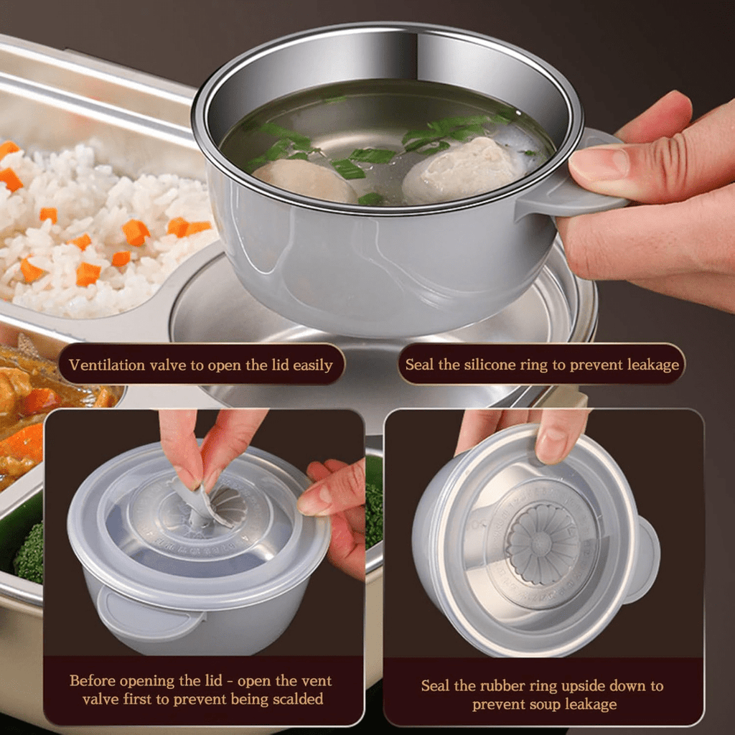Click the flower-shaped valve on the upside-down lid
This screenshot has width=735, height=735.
(543, 543)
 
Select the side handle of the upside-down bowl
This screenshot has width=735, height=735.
(644, 560)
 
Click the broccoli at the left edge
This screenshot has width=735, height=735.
(29, 553)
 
